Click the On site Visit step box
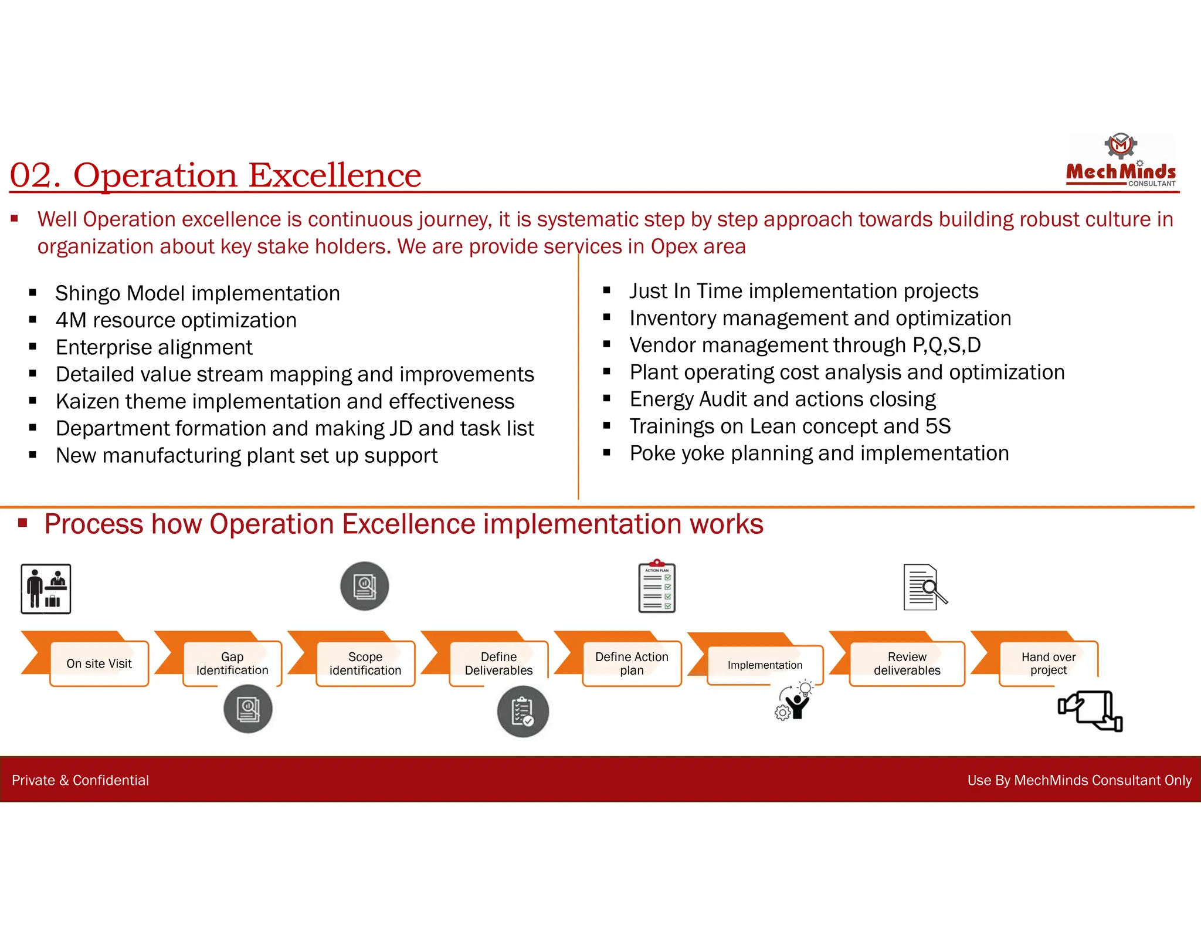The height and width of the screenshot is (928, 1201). tap(99, 663)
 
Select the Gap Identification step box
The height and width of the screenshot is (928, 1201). tap(232, 663)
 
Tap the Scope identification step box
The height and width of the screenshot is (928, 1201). tap(365, 663)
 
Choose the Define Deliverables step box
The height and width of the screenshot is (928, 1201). tap(498, 663)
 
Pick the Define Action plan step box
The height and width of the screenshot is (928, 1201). tap(632, 663)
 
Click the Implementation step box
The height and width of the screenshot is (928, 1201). tap(765, 665)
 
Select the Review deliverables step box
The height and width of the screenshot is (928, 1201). tap(907, 663)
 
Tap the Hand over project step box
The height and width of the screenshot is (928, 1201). tap(1049, 663)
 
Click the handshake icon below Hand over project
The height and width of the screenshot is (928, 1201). tap(1090, 710)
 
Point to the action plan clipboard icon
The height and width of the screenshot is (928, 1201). tap(657, 587)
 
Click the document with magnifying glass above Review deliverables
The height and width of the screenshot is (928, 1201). tap(924, 587)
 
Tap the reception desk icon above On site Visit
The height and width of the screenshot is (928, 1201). tap(46, 589)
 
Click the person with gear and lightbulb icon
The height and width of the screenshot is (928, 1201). tap(795, 700)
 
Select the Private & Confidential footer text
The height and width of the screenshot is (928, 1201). tap(80, 780)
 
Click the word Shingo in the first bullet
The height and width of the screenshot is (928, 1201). tap(87, 293)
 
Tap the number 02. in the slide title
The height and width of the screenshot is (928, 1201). tap(35, 175)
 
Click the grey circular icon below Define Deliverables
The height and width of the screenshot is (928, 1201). tap(523, 712)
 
